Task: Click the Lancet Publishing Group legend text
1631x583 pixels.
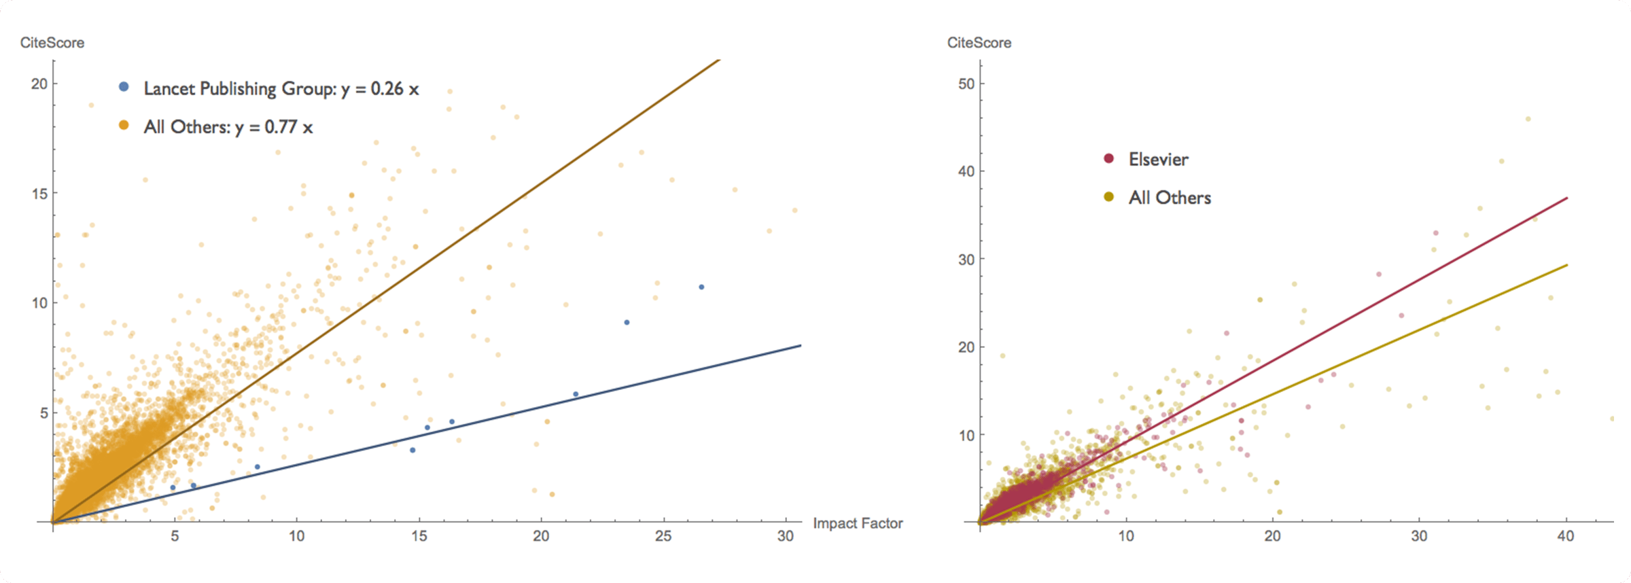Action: click(281, 89)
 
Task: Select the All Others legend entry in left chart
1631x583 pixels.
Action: click(228, 127)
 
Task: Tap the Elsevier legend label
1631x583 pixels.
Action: click(1158, 160)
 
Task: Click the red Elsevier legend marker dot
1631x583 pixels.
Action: click(1109, 158)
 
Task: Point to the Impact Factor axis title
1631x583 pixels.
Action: click(858, 523)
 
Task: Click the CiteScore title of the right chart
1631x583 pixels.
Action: click(979, 43)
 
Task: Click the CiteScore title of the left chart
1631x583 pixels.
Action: click(52, 43)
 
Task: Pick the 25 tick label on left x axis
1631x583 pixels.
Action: click(663, 536)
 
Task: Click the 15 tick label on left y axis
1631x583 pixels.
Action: click(39, 194)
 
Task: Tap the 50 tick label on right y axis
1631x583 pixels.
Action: click(966, 84)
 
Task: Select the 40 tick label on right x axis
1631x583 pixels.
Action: click(1566, 536)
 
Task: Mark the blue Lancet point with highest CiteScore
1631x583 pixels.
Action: click(701, 287)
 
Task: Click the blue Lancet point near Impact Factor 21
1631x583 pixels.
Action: click(576, 394)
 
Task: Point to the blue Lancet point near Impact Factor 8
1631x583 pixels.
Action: click(257, 467)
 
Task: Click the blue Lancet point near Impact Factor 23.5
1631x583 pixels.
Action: click(627, 322)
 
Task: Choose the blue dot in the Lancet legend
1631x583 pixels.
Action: click(124, 87)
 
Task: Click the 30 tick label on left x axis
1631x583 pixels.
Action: click(785, 536)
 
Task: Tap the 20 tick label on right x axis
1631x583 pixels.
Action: click(1272, 536)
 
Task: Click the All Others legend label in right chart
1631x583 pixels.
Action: click(1170, 198)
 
